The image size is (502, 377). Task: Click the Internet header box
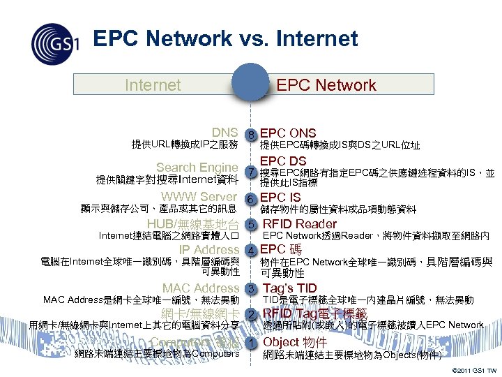[152, 85]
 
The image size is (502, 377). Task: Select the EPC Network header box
[326, 85]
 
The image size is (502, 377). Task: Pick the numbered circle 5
[250, 224]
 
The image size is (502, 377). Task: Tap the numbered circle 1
[249, 343]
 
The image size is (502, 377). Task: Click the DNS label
[225, 133]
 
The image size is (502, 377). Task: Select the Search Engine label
[197, 168]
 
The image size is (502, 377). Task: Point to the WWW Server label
[199, 197]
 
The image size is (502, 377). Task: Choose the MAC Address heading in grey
[201, 288]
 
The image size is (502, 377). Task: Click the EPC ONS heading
[288, 133]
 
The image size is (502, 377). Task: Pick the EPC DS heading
[283, 161]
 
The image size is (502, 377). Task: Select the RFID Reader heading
[299, 224]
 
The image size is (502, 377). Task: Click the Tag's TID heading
[290, 288]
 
